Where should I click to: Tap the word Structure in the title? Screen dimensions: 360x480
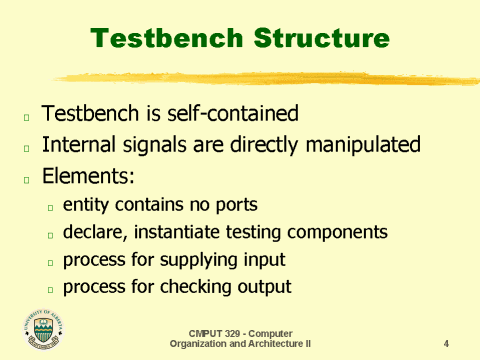coord(320,39)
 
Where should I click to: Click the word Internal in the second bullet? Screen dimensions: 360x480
coord(80,146)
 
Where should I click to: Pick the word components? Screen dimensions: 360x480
coord(343,233)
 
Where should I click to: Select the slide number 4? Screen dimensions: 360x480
coord(445,343)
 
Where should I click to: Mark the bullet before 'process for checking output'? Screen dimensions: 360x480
coord(51,289)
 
